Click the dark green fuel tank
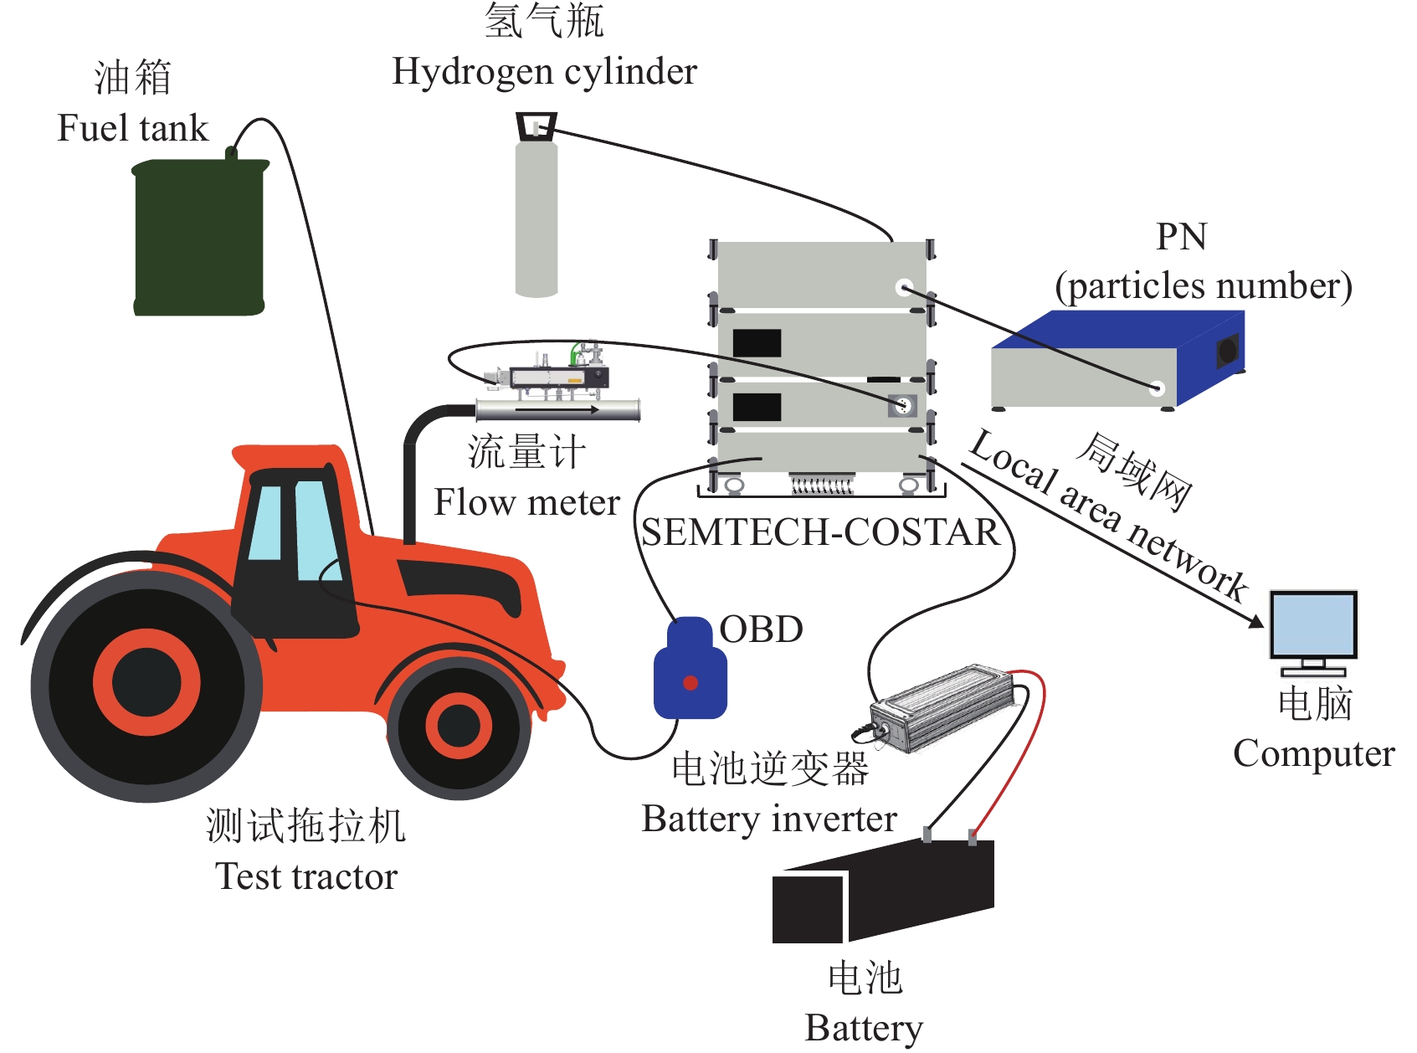click(x=199, y=239)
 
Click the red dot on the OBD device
click(x=691, y=683)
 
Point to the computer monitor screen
click(x=1313, y=624)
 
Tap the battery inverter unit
click(x=946, y=707)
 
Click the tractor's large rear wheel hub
click(x=146, y=681)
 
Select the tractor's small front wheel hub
click(x=459, y=725)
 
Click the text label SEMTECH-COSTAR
click(x=820, y=532)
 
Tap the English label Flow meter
click(x=526, y=502)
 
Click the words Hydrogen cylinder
click(x=544, y=72)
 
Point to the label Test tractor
click(x=306, y=876)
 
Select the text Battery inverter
click(x=769, y=819)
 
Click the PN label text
click(x=1181, y=237)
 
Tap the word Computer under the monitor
click(x=1313, y=753)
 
